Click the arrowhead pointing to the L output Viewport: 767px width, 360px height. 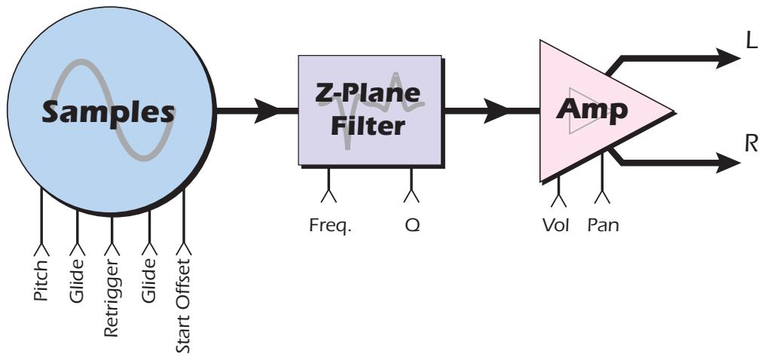click(x=729, y=57)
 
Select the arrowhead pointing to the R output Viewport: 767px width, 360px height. click(x=729, y=161)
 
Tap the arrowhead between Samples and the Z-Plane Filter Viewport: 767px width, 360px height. click(x=266, y=112)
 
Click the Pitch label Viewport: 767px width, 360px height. click(x=41, y=280)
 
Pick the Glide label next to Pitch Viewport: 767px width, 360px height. click(x=77, y=280)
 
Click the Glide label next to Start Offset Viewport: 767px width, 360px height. click(x=148, y=280)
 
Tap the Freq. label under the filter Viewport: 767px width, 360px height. click(x=328, y=224)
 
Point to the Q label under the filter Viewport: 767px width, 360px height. click(x=411, y=224)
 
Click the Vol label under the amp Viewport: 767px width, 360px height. click(x=558, y=224)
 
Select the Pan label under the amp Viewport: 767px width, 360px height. click(x=603, y=224)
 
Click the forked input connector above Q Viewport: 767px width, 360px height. click(x=411, y=196)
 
